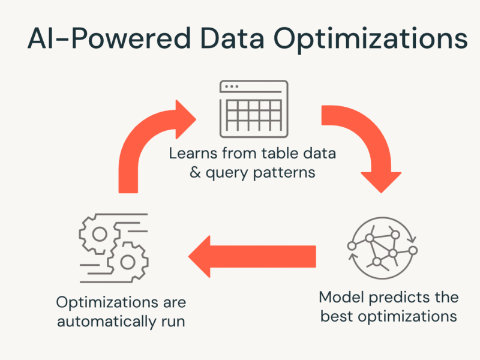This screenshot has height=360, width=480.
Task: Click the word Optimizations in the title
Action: click(x=370, y=40)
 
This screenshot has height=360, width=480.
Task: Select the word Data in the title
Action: click(x=232, y=38)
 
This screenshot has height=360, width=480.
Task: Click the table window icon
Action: click(x=254, y=109)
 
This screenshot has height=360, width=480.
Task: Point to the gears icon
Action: click(x=114, y=248)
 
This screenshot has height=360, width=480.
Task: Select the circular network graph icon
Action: click(x=382, y=248)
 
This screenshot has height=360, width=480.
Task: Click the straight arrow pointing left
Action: click(x=252, y=257)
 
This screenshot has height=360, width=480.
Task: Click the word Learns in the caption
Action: click(x=193, y=153)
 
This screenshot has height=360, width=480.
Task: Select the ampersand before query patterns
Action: click(x=196, y=172)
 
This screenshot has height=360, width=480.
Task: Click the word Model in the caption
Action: click(x=341, y=297)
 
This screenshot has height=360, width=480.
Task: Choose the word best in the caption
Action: click(x=337, y=316)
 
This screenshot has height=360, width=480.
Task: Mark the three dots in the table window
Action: click(x=232, y=86)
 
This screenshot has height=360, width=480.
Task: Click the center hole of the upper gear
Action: click(x=100, y=235)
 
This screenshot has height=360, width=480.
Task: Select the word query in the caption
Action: click(x=227, y=173)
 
